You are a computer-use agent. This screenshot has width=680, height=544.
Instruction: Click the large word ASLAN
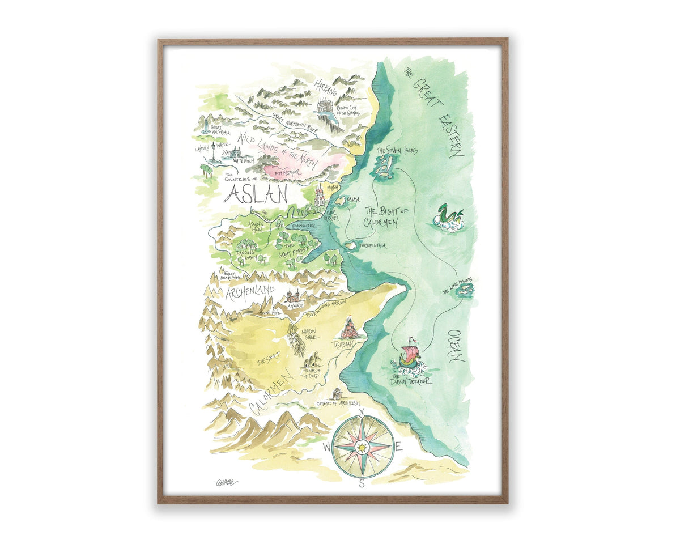tap(256, 194)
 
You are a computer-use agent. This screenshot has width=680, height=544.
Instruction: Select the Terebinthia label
tap(372, 245)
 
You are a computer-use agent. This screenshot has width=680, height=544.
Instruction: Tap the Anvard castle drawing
tap(293, 296)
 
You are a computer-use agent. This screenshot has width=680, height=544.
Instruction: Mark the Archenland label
tap(250, 292)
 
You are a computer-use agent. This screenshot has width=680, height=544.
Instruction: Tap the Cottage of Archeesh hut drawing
tap(338, 393)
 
